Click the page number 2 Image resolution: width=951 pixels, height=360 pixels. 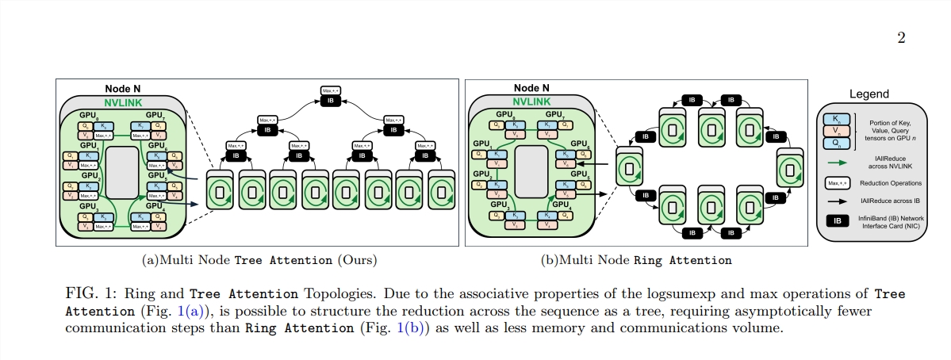[x=901, y=38]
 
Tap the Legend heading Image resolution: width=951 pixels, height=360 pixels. [x=869, y=94]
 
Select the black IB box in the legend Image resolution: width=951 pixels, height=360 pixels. [x=834, y=220]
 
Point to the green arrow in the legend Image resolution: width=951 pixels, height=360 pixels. [x=836, y=162]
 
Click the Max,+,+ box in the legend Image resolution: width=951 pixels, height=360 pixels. [x=834, y=182]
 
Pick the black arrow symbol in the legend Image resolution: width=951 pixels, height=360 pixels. [x=836, y=202]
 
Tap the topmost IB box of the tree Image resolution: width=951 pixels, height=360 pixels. [x=331, y=102]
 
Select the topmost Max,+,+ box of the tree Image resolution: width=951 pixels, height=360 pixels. [x=331, y=91]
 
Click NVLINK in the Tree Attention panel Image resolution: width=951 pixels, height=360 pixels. [x=124, y=102]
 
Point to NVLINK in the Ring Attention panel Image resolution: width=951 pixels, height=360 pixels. [x=532, y=101]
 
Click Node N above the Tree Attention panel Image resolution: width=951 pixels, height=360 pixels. [x=123, y=89]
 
